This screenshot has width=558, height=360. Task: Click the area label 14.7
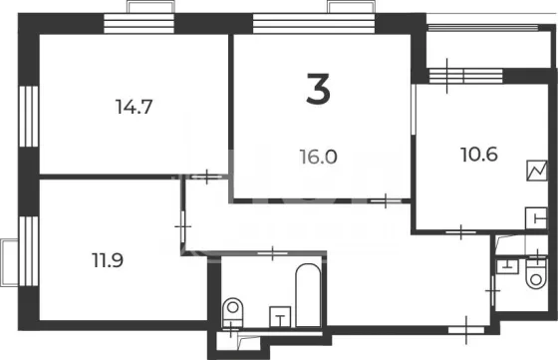pos(135,107)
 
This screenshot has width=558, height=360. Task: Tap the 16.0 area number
pos(318,157)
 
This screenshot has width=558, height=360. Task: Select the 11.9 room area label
pos(108,260)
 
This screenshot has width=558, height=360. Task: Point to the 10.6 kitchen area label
pos(479,155)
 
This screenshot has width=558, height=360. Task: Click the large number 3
pos(319,89)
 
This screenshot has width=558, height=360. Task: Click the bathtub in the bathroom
pos(308,295)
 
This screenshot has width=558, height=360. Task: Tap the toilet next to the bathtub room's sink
pos(233,312)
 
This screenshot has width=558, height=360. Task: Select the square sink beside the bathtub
pos(280,316)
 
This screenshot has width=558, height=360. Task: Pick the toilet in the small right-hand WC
pos(536,273)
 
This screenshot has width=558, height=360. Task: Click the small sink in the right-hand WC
pos(507,266)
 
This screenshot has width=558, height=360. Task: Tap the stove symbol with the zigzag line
pos(537,171)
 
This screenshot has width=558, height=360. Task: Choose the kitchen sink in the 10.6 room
pos(536,217)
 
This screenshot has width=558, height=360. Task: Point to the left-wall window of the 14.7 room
pos(29,116)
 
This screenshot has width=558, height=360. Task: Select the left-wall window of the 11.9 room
pos(29,251)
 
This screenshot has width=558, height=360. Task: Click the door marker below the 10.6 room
pos(460,232)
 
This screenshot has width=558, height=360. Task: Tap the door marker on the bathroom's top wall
pos(272,253)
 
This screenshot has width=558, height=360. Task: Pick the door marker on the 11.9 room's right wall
pos(183,226)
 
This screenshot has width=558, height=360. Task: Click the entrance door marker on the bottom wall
pos(466,330)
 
